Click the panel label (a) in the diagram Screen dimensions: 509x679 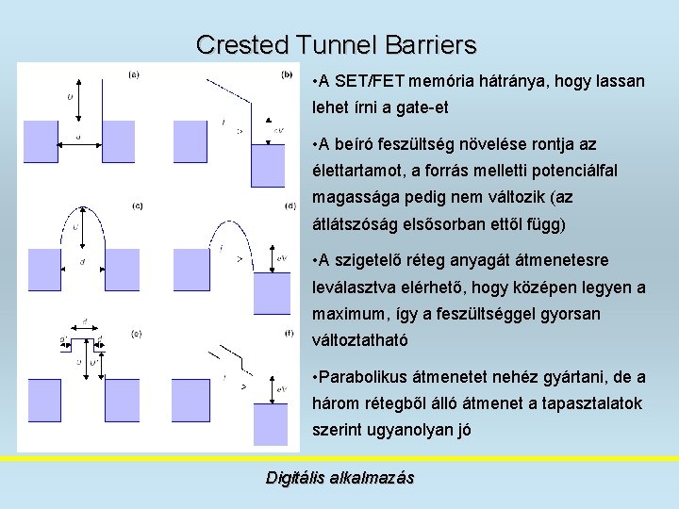pos(134,75)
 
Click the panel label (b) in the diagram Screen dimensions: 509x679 pos(287,74)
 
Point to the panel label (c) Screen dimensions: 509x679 pos(138,205)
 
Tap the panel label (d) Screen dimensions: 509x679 pos(290,205)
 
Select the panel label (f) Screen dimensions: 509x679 pos(289,333)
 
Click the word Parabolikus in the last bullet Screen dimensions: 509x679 pos(365,377)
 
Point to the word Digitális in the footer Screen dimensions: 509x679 pos(296,478)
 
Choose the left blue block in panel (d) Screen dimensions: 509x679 pos(189,272)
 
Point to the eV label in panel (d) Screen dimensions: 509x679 pos(283,256)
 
